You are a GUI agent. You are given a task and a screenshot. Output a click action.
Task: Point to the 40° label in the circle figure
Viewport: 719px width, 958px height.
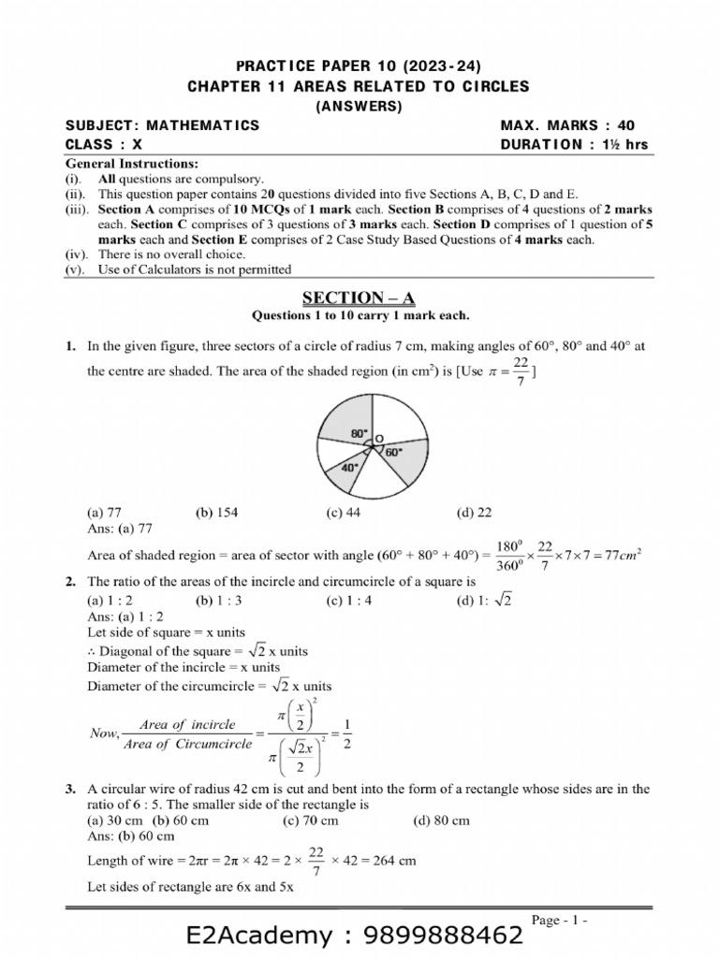[348, 467]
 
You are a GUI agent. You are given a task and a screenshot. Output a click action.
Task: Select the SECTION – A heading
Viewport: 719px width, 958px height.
[359, 298]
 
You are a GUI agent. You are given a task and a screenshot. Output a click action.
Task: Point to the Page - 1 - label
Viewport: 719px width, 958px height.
[560, 921]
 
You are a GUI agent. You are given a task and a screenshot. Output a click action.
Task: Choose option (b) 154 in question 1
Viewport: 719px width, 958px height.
[214, 513]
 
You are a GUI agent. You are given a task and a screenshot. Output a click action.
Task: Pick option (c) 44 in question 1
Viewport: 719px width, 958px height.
[344, 513]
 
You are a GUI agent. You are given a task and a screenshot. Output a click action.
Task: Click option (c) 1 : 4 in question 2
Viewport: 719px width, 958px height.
[349, 601]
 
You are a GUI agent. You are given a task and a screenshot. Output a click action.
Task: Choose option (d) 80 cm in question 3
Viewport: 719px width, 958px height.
[442, 820]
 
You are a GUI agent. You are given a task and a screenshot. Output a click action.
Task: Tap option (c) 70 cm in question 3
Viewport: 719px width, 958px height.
[310, 820]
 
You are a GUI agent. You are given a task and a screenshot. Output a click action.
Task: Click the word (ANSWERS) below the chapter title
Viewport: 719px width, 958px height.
[359, 106]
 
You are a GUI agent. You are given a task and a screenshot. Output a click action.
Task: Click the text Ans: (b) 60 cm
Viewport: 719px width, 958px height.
[130, 835]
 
